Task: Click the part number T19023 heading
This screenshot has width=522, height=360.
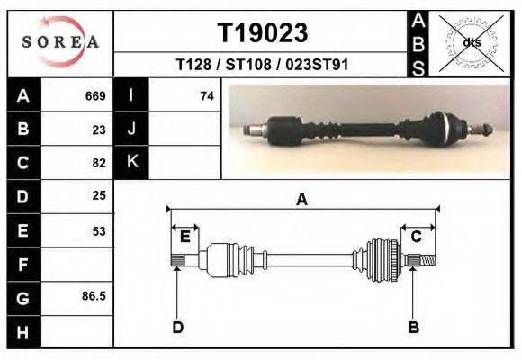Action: pyautogui.click(x=263, y=32)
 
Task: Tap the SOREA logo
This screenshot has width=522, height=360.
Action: pyautogui.click(x=60, y=42)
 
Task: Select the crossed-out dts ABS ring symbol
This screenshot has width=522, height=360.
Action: pyautogui.click(x=472, y=43)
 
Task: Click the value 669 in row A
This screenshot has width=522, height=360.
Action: pyautogui.click(x=95, y=96)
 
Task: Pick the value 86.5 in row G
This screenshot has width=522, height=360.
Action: pyautogui.click(x=94, y=296)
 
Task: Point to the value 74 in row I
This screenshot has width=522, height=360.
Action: pyautogui.click(x=207, y=96)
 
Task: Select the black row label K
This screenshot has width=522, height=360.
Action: pyautogui.click(x=131, y=162)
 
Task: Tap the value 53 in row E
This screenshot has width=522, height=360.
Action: pyautogui.click(x=99, y=231)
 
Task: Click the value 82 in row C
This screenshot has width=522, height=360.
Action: pyautogui.click(x=99, y=163)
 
